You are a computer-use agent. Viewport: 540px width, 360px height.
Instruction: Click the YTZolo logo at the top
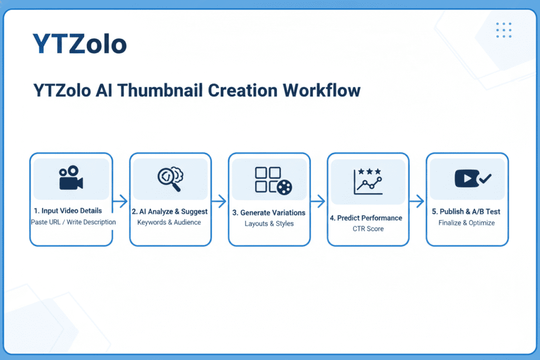coord(80,44)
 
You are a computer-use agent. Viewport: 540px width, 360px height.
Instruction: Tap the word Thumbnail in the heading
coord(157,90)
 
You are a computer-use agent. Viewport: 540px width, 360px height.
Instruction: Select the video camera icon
coord(71,178)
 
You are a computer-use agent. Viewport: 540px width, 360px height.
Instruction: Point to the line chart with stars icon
coord(368,182)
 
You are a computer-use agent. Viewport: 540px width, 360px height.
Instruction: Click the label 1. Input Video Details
coord(71,211)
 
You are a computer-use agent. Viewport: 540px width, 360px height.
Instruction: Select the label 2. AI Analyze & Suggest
coord(169,211)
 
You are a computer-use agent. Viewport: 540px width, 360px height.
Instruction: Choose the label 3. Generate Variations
coord(269,212)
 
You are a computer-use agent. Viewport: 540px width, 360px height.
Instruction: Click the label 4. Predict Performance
coord(368,218)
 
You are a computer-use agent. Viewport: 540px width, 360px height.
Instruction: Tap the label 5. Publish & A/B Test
coord(466,211)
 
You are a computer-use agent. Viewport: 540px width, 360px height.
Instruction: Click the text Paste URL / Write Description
coord(73,222)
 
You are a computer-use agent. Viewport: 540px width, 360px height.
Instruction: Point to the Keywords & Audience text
coord(169,222)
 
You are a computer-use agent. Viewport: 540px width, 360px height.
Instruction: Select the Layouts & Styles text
coord(269,223)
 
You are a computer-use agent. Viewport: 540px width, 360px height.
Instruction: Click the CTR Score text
coord(368,229)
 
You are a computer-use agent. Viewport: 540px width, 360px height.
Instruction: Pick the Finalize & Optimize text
coord(467,222)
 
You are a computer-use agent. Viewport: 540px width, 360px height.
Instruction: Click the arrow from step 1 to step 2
coord(121,201)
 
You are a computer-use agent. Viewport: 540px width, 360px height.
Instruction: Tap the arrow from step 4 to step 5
coord(417,201)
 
